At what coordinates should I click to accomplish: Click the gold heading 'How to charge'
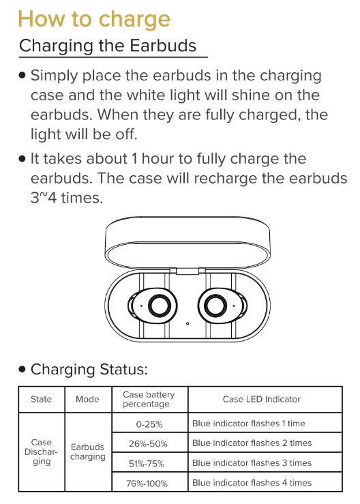click(x=94, y=20)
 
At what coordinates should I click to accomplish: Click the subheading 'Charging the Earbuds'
click(x=108, y=46)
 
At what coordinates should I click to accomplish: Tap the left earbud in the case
click(x=153, y=306)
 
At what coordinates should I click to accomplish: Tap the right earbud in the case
click(x=222, y=306)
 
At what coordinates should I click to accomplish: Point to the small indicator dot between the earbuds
click(x=187, y=324)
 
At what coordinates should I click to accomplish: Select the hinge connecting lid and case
click(x=187, y=271)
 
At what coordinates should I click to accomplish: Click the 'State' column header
click(x=41, y=399)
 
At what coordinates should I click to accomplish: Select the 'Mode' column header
click(x=87, y=399)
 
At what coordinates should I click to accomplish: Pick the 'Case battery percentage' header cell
click(x=149, y=399)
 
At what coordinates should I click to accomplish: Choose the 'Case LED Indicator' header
click(x=262, y=399)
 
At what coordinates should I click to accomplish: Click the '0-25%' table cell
click(x=149, y=424)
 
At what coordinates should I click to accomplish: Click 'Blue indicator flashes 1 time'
click(x=248, y=424)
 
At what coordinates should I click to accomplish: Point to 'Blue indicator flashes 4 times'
click(x=252, y=483)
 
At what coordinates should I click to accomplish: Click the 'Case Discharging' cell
click(x=41, y=452)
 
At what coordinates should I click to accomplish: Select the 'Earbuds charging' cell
click(x=88, y=452)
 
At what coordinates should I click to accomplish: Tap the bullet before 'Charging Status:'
click(x=22, y=369)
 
